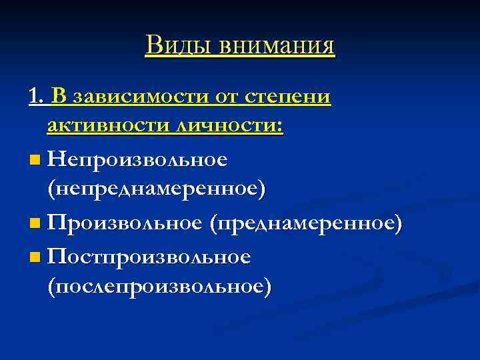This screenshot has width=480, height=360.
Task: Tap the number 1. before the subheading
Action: (37, 97)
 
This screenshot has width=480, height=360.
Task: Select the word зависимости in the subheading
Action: (140, 97)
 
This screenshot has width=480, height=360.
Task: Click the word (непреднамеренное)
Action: (156, 189)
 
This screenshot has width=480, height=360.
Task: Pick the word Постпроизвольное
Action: (149, 256)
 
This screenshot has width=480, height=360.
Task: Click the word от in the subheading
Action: (228, 97)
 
